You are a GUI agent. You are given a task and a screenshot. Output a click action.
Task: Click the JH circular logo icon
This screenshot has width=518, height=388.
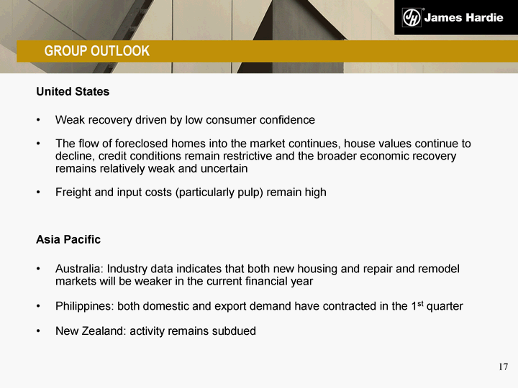[x=412, y=17]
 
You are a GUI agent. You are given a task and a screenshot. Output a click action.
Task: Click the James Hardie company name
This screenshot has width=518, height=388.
[x=464, y=17]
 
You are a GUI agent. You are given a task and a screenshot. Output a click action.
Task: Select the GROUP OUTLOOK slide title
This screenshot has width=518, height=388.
[x=97, y=51]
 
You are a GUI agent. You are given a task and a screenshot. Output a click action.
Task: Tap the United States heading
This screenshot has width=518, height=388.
[x=73, y=91]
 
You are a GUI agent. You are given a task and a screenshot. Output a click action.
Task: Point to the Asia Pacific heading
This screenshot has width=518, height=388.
[x=68, y=239]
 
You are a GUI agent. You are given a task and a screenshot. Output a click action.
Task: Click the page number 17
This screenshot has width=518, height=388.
[x=503, y=366]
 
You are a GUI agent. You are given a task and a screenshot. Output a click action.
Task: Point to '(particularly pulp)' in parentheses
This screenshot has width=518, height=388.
[x=219, y=193]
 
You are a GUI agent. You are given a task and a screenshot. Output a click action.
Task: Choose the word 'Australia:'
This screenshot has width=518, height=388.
[x=80, y=269]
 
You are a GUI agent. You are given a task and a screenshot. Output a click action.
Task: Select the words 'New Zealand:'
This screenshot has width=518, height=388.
[x=91, y=331]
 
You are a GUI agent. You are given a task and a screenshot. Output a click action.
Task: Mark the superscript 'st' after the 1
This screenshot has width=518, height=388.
[x=420, y=304]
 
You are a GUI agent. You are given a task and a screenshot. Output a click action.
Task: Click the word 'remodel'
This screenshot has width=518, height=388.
[x=439, y=269]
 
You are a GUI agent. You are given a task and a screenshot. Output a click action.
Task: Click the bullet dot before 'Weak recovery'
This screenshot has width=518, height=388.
[x=38, y=120]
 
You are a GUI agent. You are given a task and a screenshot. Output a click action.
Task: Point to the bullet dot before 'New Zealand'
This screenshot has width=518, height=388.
[x=38, y=331]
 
